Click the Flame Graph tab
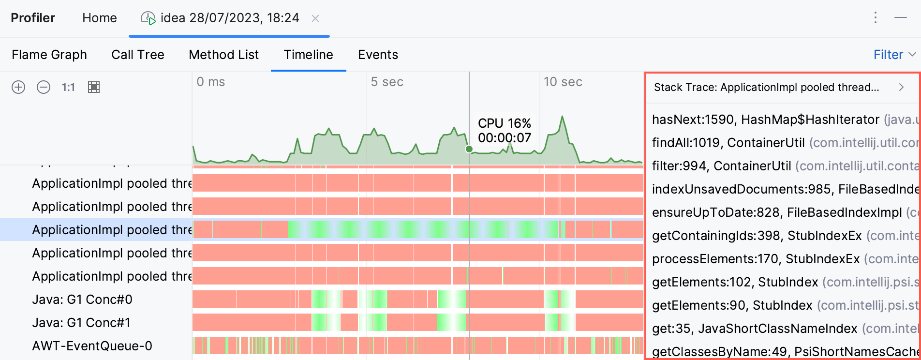[x=49, y=55]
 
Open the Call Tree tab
[x=138, y=55]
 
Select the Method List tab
[x=223, y=55]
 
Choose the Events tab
[x=378, y=55]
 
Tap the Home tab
[x=99, y=18]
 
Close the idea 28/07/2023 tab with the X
[x=315, y=18]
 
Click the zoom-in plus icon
[x=18, y=87]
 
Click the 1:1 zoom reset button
[x=68, y=87]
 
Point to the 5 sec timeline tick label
[x=386, y=82]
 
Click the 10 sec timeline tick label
[x=563, y=82]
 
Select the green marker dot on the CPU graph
[x=469, y=149]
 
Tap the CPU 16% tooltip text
[x=505, y=123]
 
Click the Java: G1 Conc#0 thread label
[x=82, y=300]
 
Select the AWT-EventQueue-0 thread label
[x=92, y=346]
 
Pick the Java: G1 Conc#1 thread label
[x=81, y=323]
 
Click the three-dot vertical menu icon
[x=875, y=18]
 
